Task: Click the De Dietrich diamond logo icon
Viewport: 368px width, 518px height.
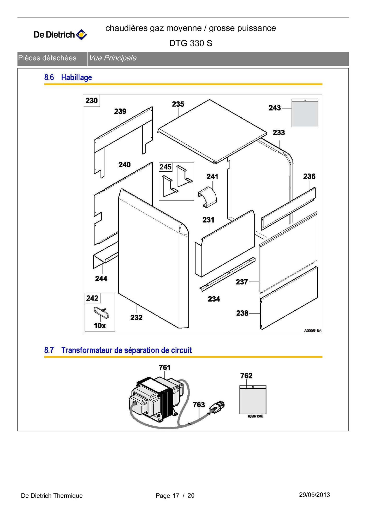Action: (81, 35)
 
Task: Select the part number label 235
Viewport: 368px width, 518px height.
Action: (178, 104)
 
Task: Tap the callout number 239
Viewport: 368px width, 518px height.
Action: (120, 111)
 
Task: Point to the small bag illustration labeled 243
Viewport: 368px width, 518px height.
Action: (305, 113)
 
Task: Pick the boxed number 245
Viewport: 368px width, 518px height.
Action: (165, 167)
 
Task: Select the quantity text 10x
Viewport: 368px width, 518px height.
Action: (100, 326)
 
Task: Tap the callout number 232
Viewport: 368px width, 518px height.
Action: (136, 317)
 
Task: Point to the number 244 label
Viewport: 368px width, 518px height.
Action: (101, 279)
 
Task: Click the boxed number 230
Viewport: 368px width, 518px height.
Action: (91, 100)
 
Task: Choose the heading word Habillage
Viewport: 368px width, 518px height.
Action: (76, 77)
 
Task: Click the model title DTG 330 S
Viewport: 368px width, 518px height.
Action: (191, 43)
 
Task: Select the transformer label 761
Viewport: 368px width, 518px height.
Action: (165, 368)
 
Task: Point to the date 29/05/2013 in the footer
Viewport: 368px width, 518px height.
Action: (314, 495)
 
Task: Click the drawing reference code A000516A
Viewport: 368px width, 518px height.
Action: (313, 331)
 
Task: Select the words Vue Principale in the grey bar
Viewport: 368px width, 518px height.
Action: (112, 58)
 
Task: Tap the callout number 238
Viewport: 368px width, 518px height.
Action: (242, 313)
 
